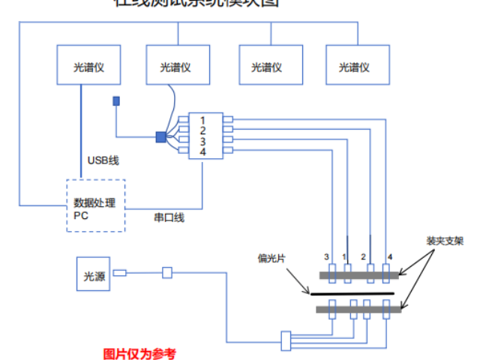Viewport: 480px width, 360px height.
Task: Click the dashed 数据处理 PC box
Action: tap(95, 205)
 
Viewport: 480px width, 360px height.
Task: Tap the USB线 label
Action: tap(103, 160)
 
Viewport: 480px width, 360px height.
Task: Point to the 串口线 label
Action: tap(169, 217)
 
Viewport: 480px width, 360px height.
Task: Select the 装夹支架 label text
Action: tap(445, 241)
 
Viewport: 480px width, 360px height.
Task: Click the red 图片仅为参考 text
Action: tap(139, 353)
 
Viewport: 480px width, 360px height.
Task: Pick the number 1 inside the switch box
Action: tap(202, 121)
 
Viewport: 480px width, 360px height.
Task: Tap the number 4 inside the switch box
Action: tap(202, 152)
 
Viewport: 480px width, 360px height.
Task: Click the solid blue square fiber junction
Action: tap(160, 136)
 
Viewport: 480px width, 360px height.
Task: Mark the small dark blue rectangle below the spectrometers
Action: tap(115, 100)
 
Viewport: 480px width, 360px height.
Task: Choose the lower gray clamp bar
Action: tap(358, 309)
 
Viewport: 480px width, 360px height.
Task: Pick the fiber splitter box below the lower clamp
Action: tap(285, 340)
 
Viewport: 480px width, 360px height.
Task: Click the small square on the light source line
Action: tap(167, 273)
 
